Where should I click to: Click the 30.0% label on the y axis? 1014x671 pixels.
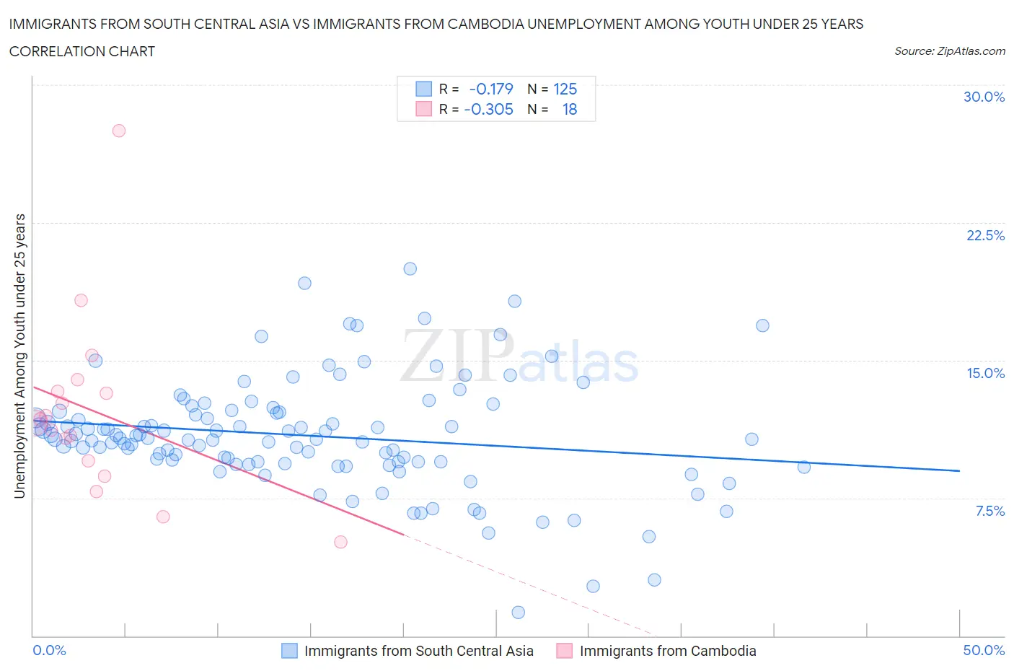click(984, 97)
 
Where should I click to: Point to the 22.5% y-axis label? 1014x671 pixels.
click(985, 235)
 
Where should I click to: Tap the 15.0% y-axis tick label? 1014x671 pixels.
click(985, 373)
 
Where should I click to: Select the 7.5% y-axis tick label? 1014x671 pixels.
click(989, 511)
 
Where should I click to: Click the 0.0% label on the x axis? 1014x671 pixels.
click(50, 650)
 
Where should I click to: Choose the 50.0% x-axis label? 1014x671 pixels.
click(984, 650)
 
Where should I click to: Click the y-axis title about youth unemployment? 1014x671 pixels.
click(19, 356)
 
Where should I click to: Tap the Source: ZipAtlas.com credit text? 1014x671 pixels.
click(949, 51)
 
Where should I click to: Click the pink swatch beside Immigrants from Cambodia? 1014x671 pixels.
click(564, 651)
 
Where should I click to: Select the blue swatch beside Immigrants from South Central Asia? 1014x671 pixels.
click(289, 651)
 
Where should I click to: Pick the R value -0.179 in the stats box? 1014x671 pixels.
click(490, 89)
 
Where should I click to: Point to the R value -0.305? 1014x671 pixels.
click(488, 109)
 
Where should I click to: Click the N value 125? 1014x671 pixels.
click(565, 89)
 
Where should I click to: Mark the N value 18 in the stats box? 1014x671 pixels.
click(569, 109)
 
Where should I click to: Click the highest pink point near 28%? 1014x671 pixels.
click(119, 131)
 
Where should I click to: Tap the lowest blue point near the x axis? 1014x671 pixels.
click(518, 613)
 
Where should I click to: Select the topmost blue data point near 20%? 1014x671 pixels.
click(410, 268)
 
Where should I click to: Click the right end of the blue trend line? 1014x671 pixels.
click(959, 470)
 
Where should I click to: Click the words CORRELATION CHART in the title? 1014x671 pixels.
click(82, 51)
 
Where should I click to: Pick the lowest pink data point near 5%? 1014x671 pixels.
click(340, 542)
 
